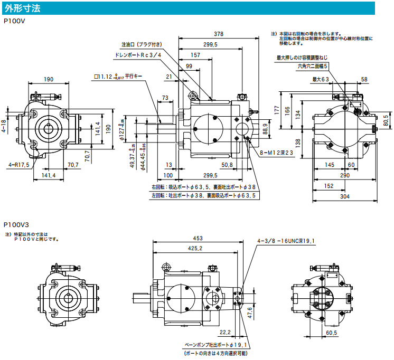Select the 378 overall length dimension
coord(219,34)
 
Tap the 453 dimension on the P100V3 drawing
coord(198,238)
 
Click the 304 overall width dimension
coord(344,196)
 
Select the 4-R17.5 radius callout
coord(19,165)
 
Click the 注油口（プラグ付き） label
coord(142,44)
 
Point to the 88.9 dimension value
coord(266,128)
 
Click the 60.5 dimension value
coord(332,333)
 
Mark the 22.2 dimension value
coord(224,332)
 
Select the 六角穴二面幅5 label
coord(313,66)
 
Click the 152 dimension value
coord(328,185)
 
